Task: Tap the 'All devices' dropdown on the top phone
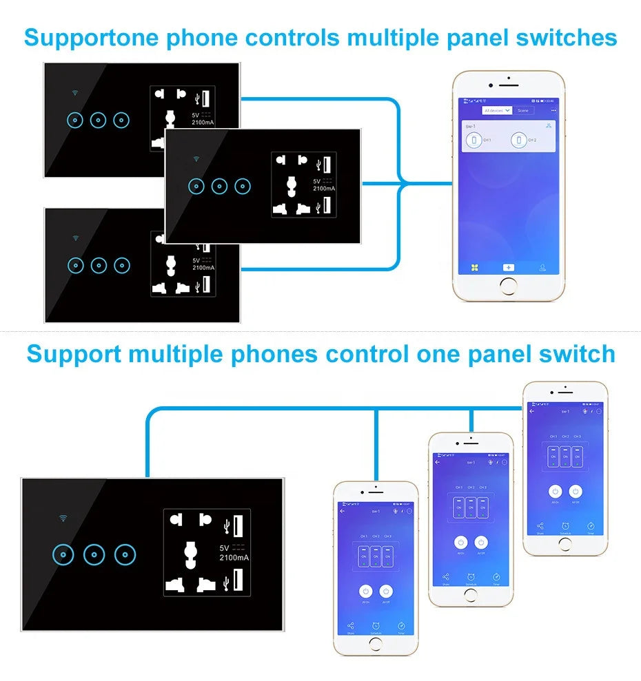[x=497, y=110]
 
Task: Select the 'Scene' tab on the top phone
[x=523, y=110]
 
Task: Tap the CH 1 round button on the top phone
[x=474, y=140]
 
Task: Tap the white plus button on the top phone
[x=508, y=266]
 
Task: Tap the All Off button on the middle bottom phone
[x=482, y=543]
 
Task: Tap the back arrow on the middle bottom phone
[x=438, y=462]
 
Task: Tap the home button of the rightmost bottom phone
[x=564, y=544]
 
